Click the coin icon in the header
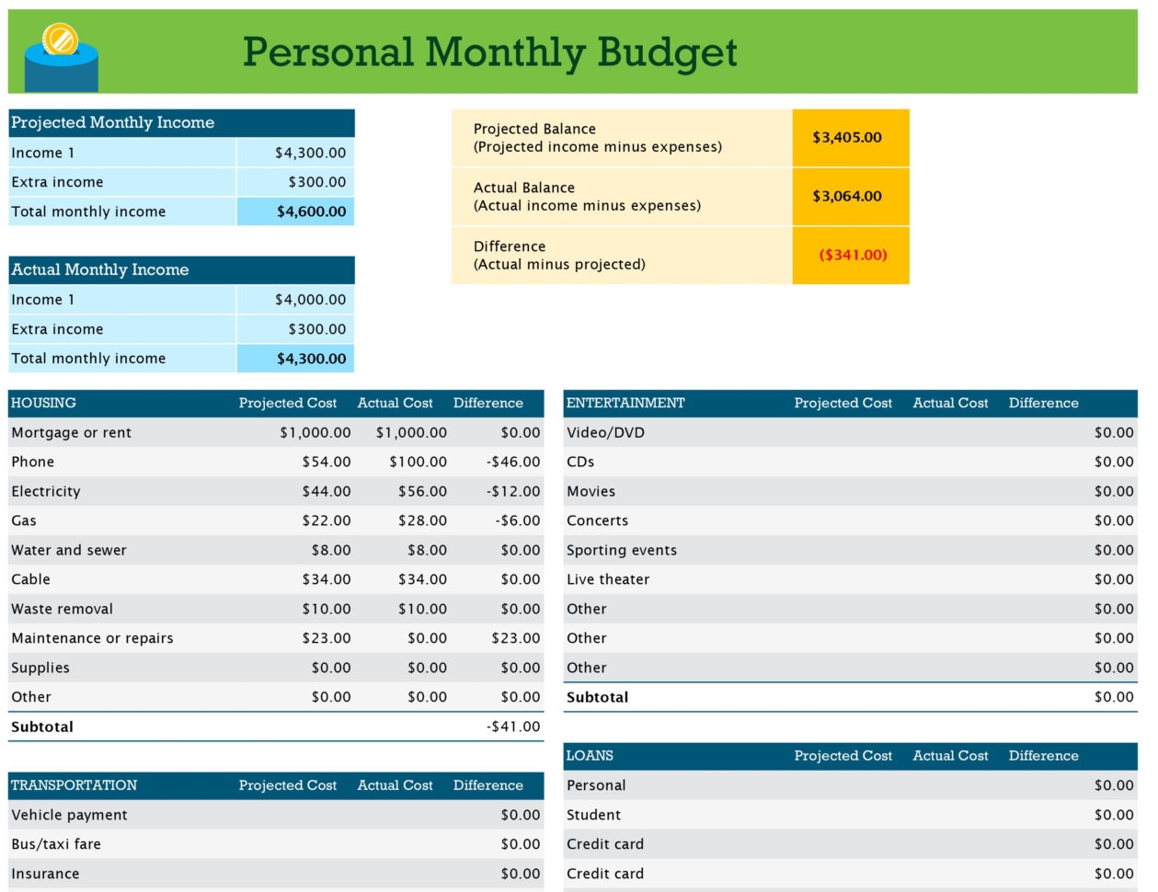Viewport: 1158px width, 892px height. point(60,40)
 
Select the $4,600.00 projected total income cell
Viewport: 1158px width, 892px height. point(311,212)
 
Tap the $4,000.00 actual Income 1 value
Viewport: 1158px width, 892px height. point(310,300)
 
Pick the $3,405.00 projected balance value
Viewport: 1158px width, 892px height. point(846,138)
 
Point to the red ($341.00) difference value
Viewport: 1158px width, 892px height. point(853,256)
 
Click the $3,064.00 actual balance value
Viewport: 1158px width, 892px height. point(846,197)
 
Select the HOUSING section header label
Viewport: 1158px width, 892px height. point(43,403)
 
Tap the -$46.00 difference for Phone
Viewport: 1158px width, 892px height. point(513,462)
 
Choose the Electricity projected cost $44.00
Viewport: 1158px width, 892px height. point(327,491)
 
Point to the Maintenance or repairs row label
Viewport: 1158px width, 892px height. point(92,638)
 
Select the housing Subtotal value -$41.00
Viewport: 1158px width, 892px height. point(513,726)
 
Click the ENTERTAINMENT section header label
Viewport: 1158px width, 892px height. point(625,403)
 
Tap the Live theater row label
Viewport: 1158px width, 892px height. point(608,579)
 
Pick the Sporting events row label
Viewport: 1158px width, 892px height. point(622,550)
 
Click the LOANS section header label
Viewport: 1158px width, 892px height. point(590,756)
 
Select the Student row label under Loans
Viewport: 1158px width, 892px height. point(593,815)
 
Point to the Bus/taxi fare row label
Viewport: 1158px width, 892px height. point(56,844)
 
